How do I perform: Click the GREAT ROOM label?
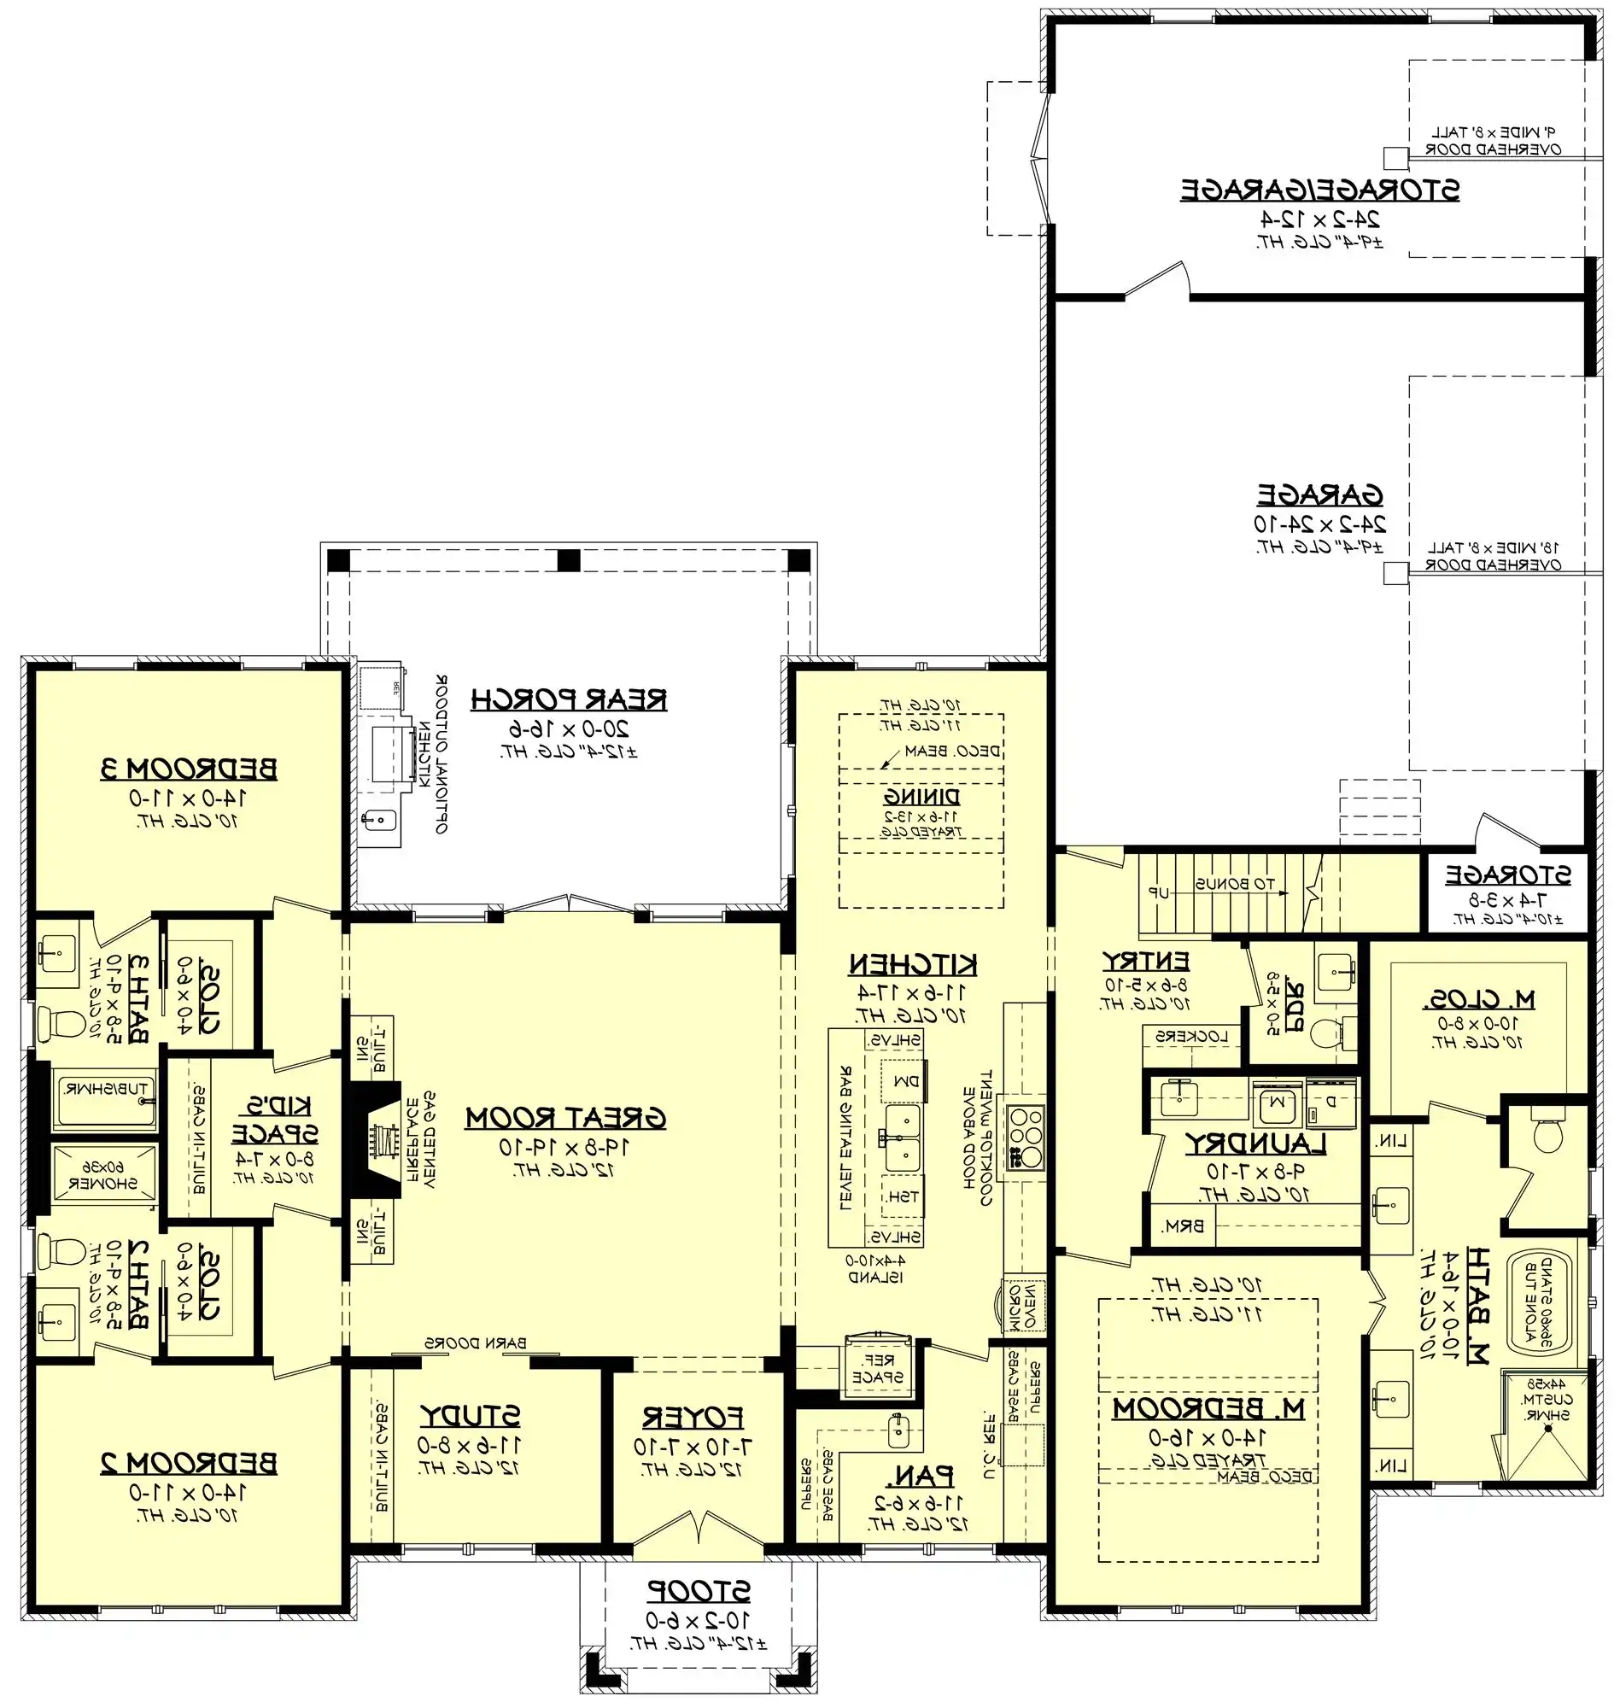[x=565, y=1118]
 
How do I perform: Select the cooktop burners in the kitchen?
[x=1026, y=1138]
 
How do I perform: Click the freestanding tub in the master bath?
[x=1542, y=1303]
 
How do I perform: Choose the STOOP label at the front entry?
[x=699, y=1590]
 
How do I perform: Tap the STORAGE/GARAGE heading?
[x=1319, y=190]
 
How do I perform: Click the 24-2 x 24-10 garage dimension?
[x=1319, y=524]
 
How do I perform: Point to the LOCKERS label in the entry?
[x=1190, y=1036]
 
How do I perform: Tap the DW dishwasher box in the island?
[x=904, y=1081]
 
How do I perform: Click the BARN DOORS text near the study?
[x=474, y=1343]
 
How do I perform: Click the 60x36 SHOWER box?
[x=103, y=1174]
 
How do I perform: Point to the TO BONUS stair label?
[x=1235, y=884]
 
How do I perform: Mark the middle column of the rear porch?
[x=568, y=560]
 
